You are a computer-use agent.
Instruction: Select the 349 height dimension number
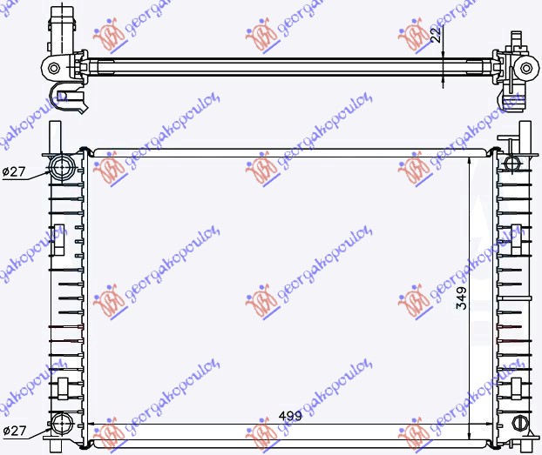click(461, 298)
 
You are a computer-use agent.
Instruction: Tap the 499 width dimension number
click(291, 416)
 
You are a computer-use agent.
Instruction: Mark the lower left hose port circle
click(63, 425)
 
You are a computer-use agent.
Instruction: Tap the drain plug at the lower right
click(520, 425)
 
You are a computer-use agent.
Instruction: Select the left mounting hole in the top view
click(55, 67)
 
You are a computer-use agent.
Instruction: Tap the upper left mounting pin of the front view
click(56, 135)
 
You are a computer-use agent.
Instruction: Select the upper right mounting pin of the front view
click(525, 135)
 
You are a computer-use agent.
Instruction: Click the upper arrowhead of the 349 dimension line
click(470, 162)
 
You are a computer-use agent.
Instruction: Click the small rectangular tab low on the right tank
click(518, 385)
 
